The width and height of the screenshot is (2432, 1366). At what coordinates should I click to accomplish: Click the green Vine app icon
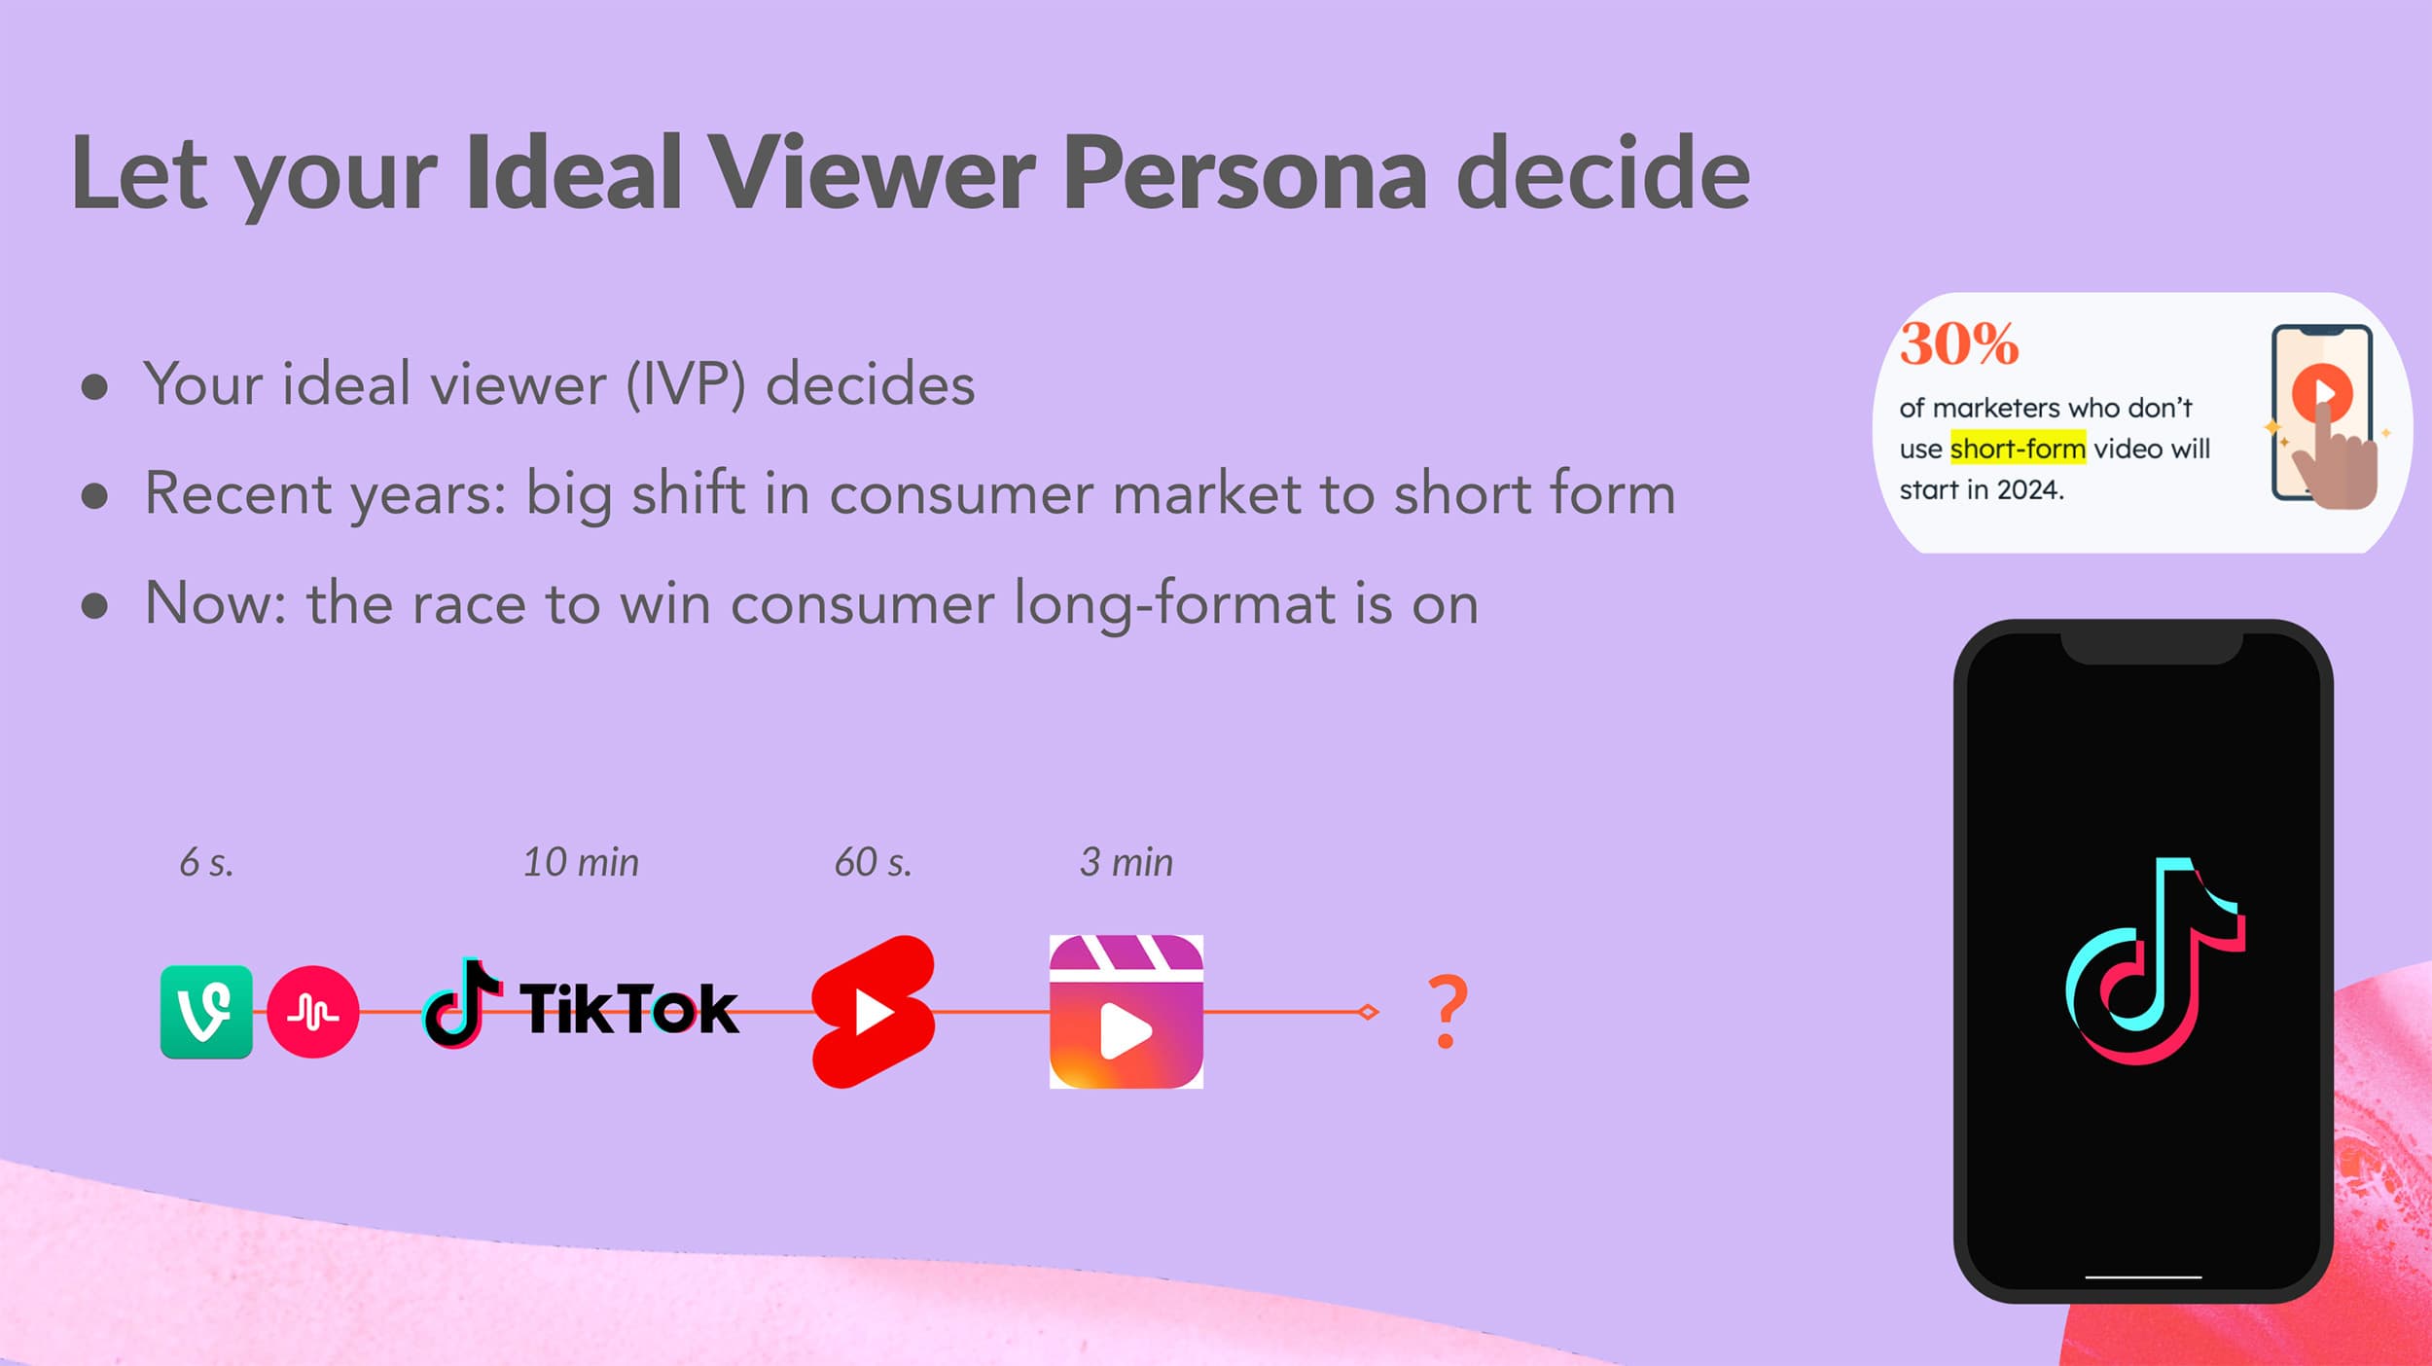tap(206, 1012)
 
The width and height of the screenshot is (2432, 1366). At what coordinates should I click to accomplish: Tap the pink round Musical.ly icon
tap(312, 1012)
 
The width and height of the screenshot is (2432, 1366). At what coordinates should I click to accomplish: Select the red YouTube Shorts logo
tap(874, 1012)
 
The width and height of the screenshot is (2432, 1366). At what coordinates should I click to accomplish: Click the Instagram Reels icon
tap(1127, 1012)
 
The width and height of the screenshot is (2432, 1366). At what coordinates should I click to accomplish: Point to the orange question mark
tap(1448, 1012)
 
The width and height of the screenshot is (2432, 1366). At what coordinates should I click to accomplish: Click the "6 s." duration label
tap(206, 862)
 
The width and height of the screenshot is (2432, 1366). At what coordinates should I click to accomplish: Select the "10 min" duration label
tap(581, 862)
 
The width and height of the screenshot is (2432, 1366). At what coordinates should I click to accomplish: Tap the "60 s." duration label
tap(874, 862)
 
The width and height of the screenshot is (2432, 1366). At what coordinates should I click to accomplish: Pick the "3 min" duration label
tap(1127, 862)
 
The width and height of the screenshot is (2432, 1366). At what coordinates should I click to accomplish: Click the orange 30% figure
tap(1959, 343)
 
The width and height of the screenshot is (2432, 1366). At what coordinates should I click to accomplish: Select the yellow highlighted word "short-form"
tap(2018, 449)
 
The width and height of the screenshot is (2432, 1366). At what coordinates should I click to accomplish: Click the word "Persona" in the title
tap(1245, 172)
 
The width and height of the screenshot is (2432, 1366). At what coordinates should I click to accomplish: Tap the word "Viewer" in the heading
tap(872, 172)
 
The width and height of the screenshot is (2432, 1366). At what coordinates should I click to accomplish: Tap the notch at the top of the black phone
tap(2152, 648)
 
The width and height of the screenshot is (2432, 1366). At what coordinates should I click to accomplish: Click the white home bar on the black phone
tap(2143, 1276)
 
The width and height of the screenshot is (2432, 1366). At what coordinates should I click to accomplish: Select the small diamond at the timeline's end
tap(1368, 1012)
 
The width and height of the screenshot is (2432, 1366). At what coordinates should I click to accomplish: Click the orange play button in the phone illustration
tap(2322, 392)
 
